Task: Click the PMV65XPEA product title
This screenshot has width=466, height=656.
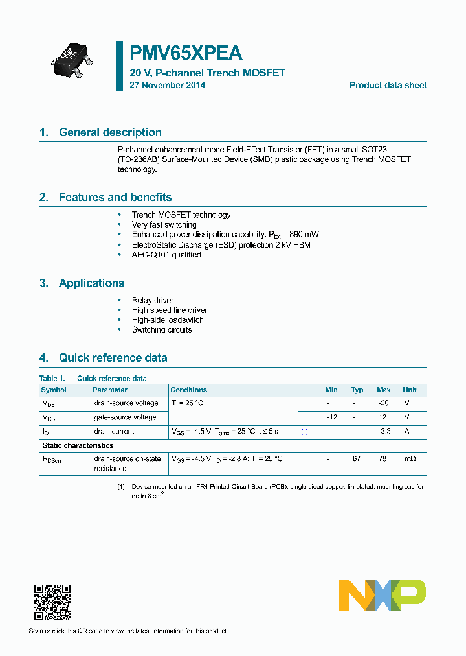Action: [x=186, y=53]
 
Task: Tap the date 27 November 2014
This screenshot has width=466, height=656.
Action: [x=167, y=86]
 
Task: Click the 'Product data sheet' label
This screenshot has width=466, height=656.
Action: [x=388, y=86]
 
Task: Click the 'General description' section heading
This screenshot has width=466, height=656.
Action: [x=110, y=132]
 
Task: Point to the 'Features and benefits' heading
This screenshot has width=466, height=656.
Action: [x=115, y=197]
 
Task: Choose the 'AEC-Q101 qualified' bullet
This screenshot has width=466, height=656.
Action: [x=166, y=255]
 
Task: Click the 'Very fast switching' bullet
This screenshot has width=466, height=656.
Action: [x=164, y=225]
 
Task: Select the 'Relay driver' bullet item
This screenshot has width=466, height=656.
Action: [x=153, y=300]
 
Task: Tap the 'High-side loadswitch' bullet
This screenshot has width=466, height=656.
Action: [x=168, y=320]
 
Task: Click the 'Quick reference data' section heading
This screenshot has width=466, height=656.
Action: [x=113, y=358]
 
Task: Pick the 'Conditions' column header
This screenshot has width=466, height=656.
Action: [x=188, y=390]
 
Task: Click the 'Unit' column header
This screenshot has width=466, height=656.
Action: [x=410, y=390]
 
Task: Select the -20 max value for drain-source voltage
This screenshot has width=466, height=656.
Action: [x=383, y=403]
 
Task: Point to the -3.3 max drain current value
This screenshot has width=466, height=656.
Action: [x=383, y=431]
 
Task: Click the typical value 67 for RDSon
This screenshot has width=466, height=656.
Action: [x=356, y=458]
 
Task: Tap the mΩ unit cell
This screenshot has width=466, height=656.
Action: [x=410, y=458]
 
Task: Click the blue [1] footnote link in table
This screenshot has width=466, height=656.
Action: [x=304, y=432]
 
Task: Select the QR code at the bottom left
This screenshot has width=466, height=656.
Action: [x=52, y=602]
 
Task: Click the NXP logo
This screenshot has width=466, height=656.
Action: [x=383, y=595]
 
